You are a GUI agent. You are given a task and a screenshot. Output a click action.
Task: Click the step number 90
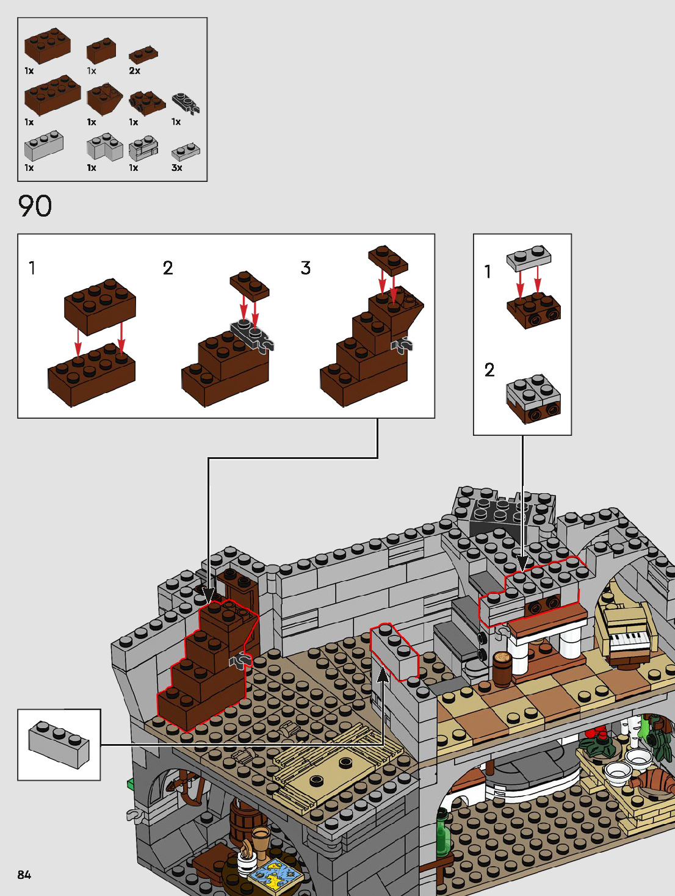[35, 206]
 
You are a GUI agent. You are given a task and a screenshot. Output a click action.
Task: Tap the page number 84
[24, 875]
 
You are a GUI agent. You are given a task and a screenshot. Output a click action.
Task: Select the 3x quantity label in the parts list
[176, 168]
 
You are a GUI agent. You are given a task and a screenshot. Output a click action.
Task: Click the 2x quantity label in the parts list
[134, 71]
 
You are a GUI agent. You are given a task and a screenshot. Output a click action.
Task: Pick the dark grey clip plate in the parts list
[186, 103]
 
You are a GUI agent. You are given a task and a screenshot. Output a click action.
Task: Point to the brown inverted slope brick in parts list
[104, 98]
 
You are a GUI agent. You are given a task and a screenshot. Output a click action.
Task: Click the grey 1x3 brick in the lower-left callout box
[59, 743]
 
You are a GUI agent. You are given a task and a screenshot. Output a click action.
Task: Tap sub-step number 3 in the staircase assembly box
[306, 268]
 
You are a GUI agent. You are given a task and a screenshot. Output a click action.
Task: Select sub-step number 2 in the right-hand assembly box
[489, 370]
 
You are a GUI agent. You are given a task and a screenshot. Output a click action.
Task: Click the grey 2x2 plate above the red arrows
[529, 259]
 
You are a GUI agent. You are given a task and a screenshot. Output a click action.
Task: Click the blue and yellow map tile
[276, 873]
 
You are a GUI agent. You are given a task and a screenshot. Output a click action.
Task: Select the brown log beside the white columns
[502, 668]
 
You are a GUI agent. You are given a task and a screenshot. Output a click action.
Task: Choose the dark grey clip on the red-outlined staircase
[239, 660]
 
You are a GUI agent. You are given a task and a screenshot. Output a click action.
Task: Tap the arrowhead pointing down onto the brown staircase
[208, 593]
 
